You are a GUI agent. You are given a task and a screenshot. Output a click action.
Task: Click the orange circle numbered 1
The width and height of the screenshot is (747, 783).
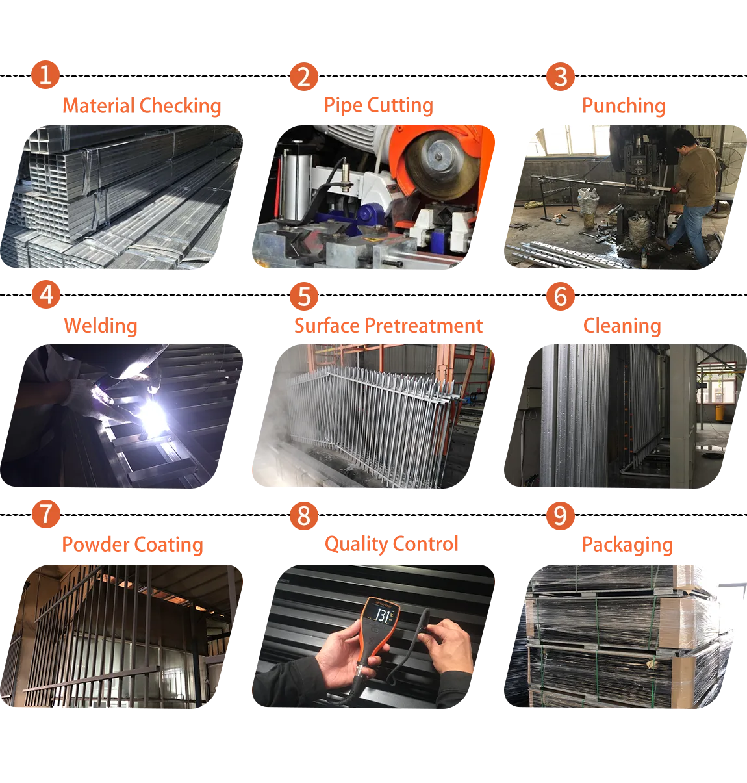[x=45, y=75]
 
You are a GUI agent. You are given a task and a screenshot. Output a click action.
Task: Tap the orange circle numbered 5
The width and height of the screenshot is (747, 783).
[x=304, y=296]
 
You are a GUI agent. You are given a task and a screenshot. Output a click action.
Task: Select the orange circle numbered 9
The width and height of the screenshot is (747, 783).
[x=560, y=516]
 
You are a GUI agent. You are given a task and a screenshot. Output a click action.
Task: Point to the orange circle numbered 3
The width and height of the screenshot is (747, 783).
[x=560, y=77]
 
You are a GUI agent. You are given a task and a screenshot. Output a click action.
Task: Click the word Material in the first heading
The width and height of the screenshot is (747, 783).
[x=99, y=106]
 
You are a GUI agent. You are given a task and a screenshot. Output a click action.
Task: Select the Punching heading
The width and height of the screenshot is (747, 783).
[x=624, y=107]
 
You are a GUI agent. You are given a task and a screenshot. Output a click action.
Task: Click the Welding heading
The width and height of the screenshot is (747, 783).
[x=101, y=326]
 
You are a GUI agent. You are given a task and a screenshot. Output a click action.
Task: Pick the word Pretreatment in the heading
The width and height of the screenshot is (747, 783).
[x=424, y=326]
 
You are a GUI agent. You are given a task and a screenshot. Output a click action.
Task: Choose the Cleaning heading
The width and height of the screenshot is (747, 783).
[x=622, y=326]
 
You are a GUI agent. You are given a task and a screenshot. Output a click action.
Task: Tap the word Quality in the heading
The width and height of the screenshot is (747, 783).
[x=354, y=545]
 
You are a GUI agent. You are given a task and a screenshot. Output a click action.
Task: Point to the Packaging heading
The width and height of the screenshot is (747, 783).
[x=627, y=545]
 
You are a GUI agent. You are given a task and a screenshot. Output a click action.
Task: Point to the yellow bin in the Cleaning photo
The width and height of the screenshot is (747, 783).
[x=719, y=412]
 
